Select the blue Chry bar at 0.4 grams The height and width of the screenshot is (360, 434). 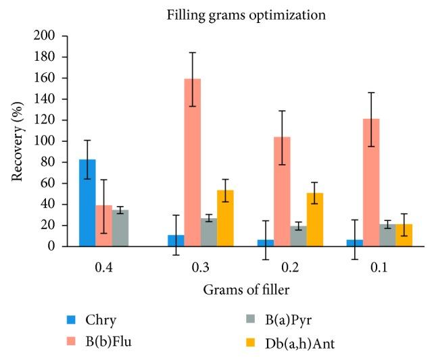(x=87, y=203)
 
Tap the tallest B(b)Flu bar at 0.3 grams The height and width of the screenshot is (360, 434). (x=193, y=162)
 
